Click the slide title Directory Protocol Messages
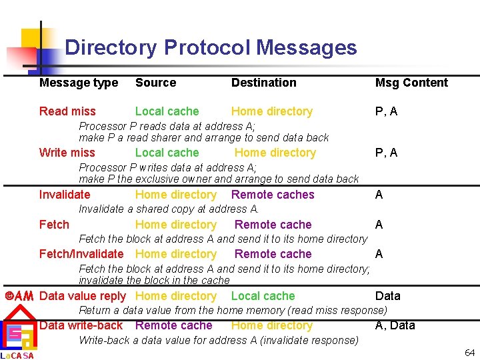[211, 48]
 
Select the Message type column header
[79, 83]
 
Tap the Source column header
[155, 83]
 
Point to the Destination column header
[263, 83]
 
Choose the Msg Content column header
[411, 83]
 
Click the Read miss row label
[67, 111]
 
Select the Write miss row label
[67, 153]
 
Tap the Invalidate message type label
[65, 195]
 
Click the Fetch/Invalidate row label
[81, 254]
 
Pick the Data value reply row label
[83, 296]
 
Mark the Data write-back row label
[81, 325]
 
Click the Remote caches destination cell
[273, 195]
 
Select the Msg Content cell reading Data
[387, 296]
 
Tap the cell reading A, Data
[395, 325]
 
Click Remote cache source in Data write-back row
[173, 325]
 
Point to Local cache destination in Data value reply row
[263, 296]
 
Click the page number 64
[469, 352]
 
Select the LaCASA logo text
[17, 355]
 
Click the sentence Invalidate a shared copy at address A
[169, 209]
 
